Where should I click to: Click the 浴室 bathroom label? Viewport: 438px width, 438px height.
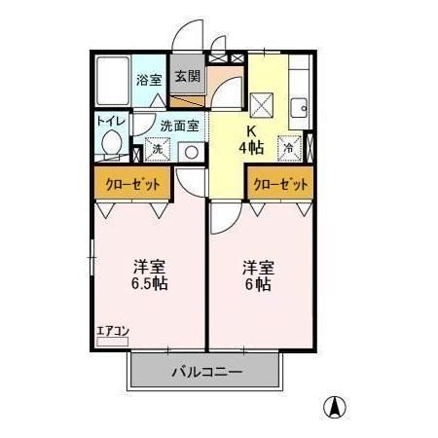(x=148, y=81)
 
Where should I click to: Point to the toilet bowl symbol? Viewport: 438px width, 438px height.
(x=111, y=145)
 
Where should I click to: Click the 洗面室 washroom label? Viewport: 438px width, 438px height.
(x=179, y=125)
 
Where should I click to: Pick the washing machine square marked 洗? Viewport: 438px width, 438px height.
(x=156, y=151)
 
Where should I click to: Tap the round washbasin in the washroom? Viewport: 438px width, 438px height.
(x=192, y=151)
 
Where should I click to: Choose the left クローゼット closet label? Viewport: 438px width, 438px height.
(x=131, y=182)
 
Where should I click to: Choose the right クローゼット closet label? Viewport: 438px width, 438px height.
(x=280, y=182)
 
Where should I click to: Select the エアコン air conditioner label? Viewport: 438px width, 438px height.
(x=113, y=331)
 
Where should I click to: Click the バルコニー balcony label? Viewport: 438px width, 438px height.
(x=206, y=371)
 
